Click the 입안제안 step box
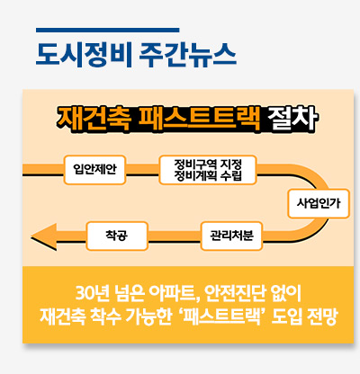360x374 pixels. pyautogui.click(x=94, y=170)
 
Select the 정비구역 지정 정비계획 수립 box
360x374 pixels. pyautogui.click(x=208, y=170)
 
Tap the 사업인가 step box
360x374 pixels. pyautogui.click(x=319, y=203)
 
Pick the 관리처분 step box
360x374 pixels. pyautogui.click(x=231, y=236)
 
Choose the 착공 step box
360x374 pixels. pyautogui.click(x=117, y=236)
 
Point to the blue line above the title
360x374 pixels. pyautogui.click(x=108, y=30)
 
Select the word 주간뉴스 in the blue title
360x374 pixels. pyautogui.click(x=188, y=55)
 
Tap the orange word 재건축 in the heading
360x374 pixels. pyautogui.click(x=94, y=119)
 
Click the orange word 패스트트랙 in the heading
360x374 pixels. pyautogui.click(x=199, y=119)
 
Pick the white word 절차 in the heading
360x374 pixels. pyautogui.click(x=292, y=119)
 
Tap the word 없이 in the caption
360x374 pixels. pyautogui.click(x=285, y=294)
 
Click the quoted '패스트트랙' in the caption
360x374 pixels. pyautogui.click(x=224, y=316)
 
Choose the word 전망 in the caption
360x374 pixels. pyautogui.click(x=322, y=316)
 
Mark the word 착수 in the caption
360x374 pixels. pyautogui.click(x=104, y=316)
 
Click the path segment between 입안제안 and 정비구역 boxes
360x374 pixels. pyautogui.click(x=142, y=170)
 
